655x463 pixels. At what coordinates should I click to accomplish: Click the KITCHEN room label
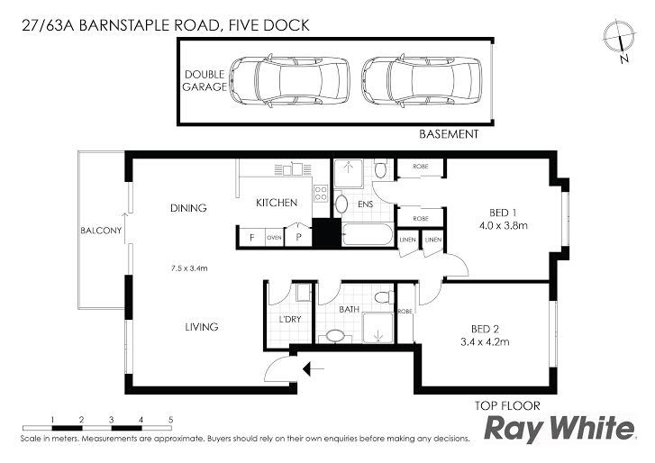click(x=277, y=203)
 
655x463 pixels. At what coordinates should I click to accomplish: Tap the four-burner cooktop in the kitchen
click(x=321, y=194)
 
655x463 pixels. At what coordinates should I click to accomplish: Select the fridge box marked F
click(x=252, y=237)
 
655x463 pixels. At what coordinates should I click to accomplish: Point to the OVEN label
click(x=274, y=238)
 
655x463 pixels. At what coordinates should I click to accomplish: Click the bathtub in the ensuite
click(x=368, y=234)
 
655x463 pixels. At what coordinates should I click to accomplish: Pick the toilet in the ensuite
click(x=380, y=169)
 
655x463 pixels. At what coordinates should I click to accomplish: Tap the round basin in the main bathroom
click(x=334, y=336)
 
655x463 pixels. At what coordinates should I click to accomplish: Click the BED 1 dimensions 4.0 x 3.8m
click(x=504, y=226)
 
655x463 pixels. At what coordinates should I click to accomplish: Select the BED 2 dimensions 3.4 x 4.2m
click(x=485, y=342)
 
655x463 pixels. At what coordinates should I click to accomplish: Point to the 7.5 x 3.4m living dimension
click(x=189, y=268)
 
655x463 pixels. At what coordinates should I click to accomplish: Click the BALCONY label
click(x=101, y=231)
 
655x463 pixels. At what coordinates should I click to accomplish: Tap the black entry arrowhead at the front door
click(x=308, y=369)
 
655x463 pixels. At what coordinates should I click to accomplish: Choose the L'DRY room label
click(x=290, y=320)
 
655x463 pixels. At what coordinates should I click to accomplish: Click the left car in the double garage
click(x=289, y=80)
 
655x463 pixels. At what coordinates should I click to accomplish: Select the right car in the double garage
click(x=421, y=80)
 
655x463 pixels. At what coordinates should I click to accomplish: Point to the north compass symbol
click(x=620, y=40)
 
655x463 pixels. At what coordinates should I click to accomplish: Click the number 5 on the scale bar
click(x=171, y=420)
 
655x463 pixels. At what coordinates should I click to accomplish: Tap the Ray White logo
click(x=559, y=429)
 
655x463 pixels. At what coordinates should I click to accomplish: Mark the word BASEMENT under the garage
click(x=449, y=134)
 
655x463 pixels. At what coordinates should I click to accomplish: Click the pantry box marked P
click(x=298, y=236)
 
